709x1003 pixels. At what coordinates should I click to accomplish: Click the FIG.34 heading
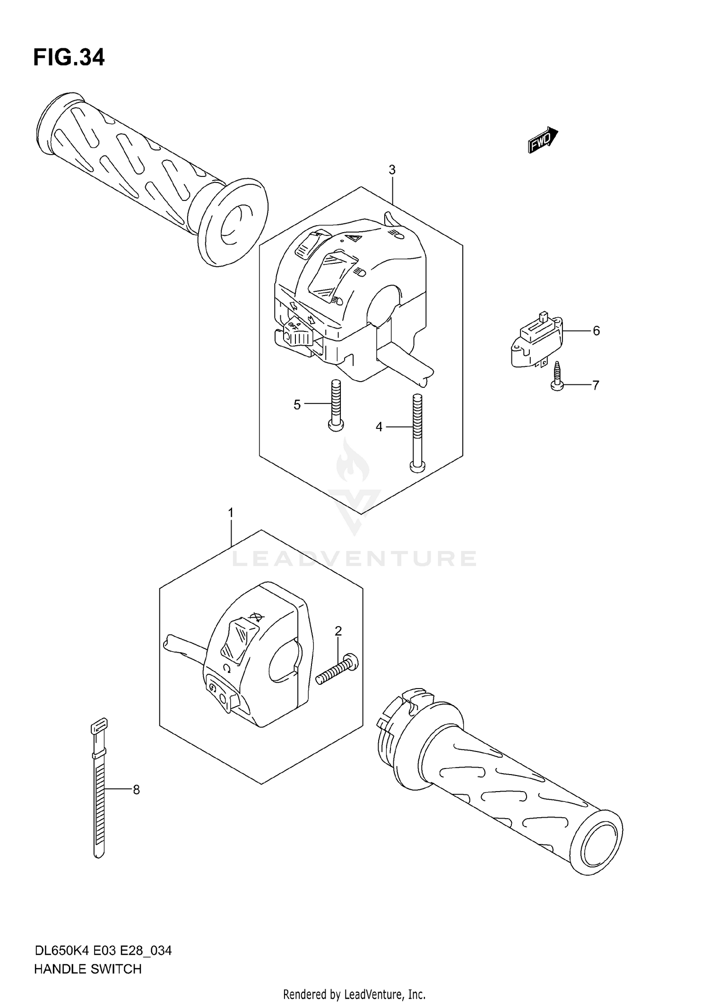point(69,58)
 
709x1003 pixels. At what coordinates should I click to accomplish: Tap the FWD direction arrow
point(543,140)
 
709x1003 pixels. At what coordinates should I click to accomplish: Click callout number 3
point(392,170)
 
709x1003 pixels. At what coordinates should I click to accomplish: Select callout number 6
point(596,331)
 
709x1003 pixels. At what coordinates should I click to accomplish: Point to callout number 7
point(596,385)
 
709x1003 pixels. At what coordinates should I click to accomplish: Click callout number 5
point(297,405)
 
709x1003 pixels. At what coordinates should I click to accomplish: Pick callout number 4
point(379,427)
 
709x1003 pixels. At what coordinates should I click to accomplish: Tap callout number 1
point(231,513)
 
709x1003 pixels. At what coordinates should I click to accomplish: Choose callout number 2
point(338,631)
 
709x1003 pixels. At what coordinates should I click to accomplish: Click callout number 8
point(136,790)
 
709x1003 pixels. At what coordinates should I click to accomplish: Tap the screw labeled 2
point(337,669)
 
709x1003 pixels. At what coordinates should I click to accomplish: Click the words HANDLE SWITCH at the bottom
point(88,969)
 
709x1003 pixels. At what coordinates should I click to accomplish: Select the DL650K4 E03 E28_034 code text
point(103,951)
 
